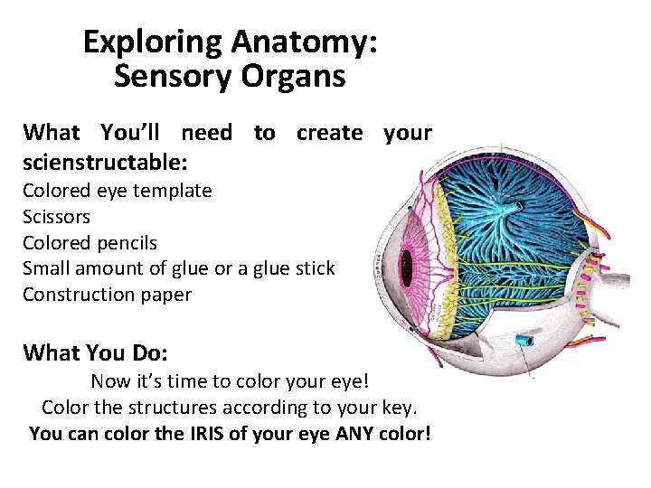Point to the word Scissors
coord(56,217)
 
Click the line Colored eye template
coord(117,191)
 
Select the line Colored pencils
coord(90,243)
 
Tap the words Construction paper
coord(107,295)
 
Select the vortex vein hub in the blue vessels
coord(518,207)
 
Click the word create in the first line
coord(330,134)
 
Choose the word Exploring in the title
coord(153,42)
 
